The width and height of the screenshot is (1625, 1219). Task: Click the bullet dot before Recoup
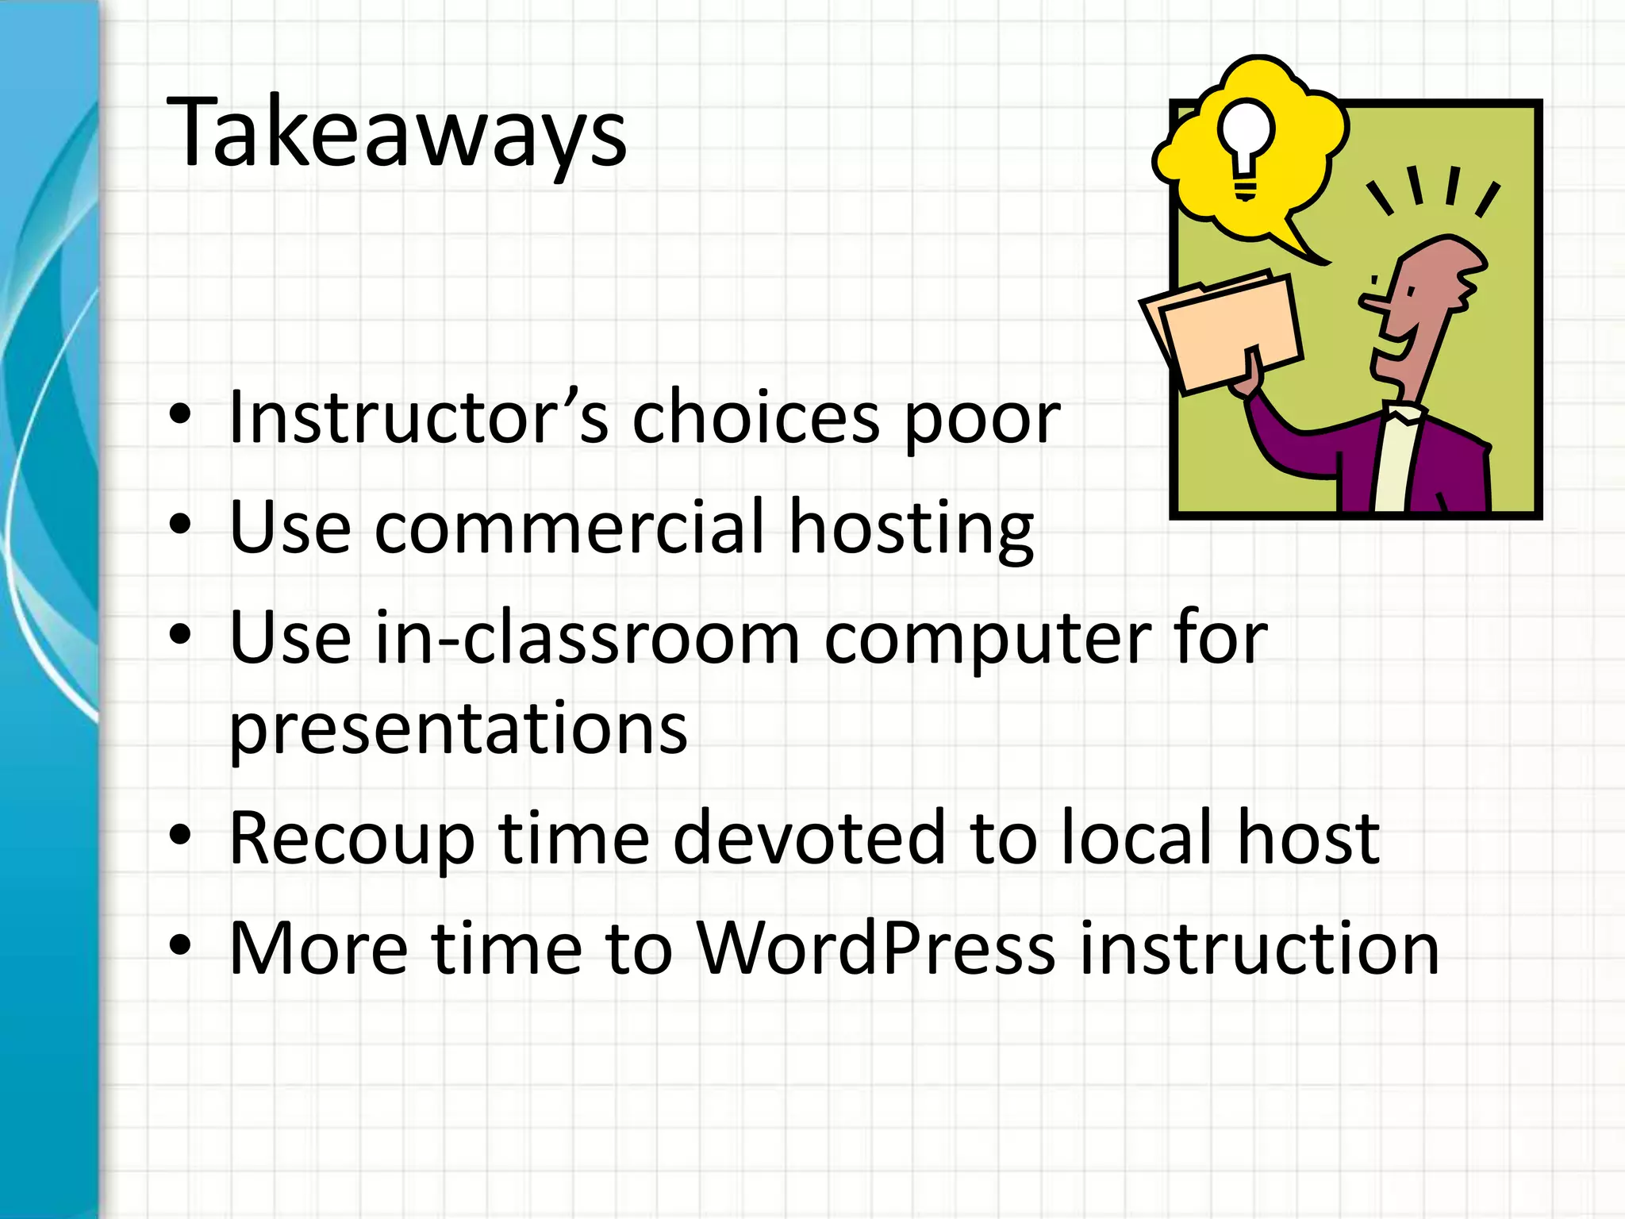click(181, 835)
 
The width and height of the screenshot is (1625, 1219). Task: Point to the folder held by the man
click(1226, 333)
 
